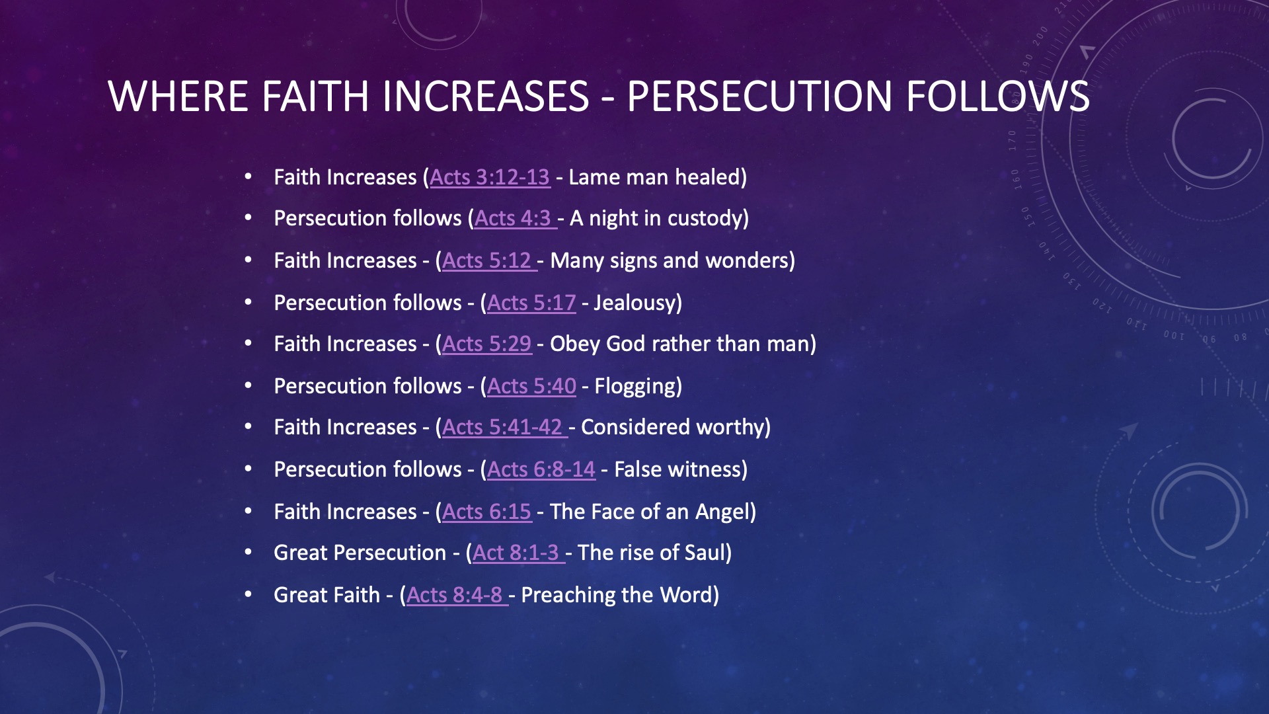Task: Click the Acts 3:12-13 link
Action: pyautogui.click(x=490, y=177)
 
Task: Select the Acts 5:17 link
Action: pyautogui.click(x=531, y=303)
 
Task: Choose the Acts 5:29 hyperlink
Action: pyautogui.click(x=486, y=344)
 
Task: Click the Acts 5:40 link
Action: pyautogui.click(x=531, y=386)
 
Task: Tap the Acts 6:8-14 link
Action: pyautogui.click(x=541, y=469)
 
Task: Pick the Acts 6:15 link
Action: pyautogui.click(x=486, y=512)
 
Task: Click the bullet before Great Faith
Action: pyautogui.click(x=249, y=594)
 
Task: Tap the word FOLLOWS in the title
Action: pyautogui.click(x=998, y=97)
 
